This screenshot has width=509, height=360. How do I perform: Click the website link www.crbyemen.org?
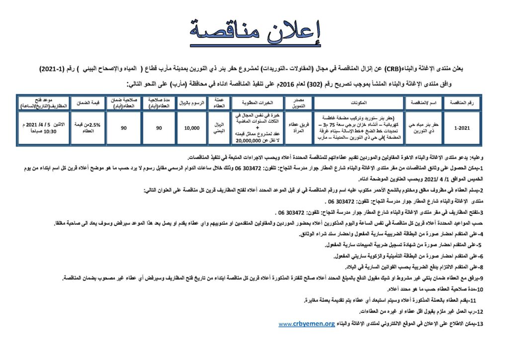pyautogui.click(x=306, y=324)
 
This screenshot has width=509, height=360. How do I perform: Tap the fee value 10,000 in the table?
pyautogui.click(x=191, y=128)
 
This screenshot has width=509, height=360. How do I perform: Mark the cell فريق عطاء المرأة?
pyautogui.click(x=295, y=128)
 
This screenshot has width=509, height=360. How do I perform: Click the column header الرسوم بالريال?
pyautogui.click(x=191, y=102)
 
